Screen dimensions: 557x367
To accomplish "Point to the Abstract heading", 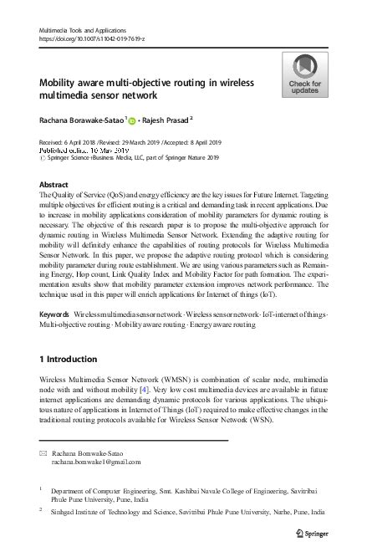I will pos(54,183).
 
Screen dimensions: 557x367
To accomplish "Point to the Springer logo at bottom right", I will pos(320,532).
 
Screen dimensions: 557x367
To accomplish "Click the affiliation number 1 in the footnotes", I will pos(42,487).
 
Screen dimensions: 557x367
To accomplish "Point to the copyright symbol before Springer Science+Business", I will pos(43,157).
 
